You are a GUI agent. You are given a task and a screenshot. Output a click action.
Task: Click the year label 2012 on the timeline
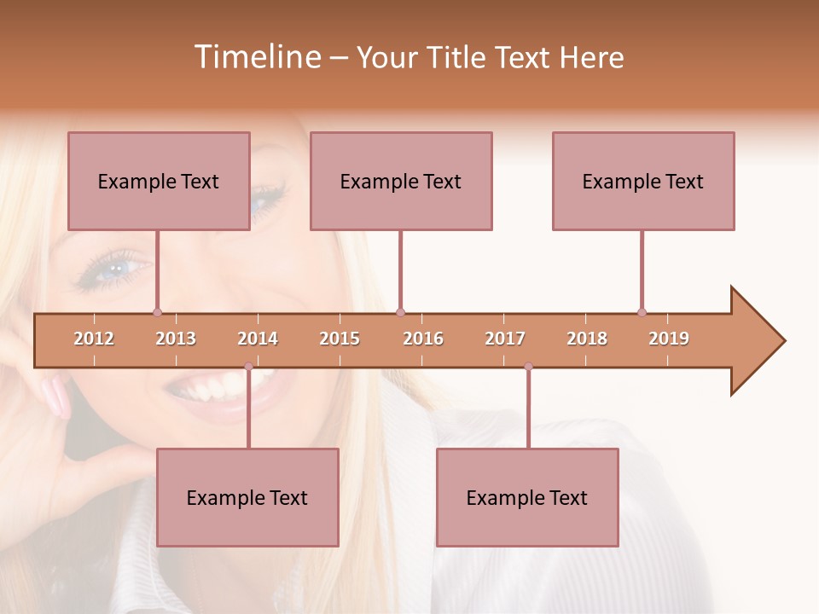[x=94, y=339]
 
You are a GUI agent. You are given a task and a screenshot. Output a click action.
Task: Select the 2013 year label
[x=176, y=339]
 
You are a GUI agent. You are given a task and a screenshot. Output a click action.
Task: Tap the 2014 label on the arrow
[x=258, y=339]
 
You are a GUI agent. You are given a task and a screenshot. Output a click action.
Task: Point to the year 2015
[x=340, y=339]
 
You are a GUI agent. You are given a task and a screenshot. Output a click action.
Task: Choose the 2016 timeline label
[x=423, y=339]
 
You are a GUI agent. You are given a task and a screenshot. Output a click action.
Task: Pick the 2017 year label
[x=505, y=339]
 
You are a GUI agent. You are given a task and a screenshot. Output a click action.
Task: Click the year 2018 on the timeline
[x=587, y=339]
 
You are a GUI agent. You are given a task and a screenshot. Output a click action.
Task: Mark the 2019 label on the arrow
[x=669, y=339]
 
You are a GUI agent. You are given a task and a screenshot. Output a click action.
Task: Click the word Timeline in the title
[x=256, y=57]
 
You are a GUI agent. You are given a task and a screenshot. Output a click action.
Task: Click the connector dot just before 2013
[x=157, y=312]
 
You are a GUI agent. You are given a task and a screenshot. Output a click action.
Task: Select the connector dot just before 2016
[x=400, y=312]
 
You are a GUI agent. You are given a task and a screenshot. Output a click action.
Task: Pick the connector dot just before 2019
[x=642, y=312]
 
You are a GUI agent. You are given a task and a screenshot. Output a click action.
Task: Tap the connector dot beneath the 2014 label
[x=248, y=367]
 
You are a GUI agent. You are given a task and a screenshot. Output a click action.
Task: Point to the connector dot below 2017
[x=528, y=367]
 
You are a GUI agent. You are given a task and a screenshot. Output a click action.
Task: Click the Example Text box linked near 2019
[x=643, y=181]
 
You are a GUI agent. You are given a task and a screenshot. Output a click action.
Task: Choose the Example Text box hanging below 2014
[x=247, y=497]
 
